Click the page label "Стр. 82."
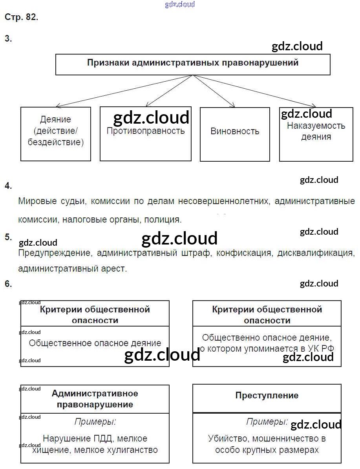click(21, 17)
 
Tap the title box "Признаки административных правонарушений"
click(192, 63)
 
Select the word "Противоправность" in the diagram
click(146, 131)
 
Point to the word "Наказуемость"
click(316, 126)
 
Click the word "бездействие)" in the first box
click(56, 142)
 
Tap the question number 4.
click(8, 186)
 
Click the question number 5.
click(8, 237)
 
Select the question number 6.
click(8, 284)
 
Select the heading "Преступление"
click(267, 395)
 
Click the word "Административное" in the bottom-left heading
click(95, 393)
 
